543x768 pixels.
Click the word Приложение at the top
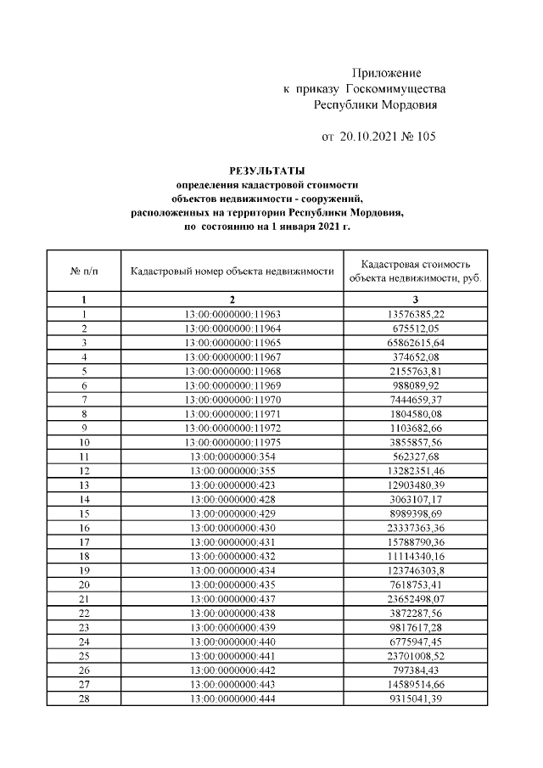tap(386, 74)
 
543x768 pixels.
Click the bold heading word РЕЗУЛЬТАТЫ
tap(266, 170)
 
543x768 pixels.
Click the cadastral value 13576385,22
tap(416, 313)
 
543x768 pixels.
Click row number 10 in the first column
tap(84, 442)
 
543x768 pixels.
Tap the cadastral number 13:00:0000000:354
tap(232, 457)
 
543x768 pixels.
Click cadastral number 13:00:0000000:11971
tap(232, 413)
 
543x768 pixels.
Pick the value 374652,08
tap(416, 356)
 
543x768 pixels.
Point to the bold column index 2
tap(232, 300)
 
